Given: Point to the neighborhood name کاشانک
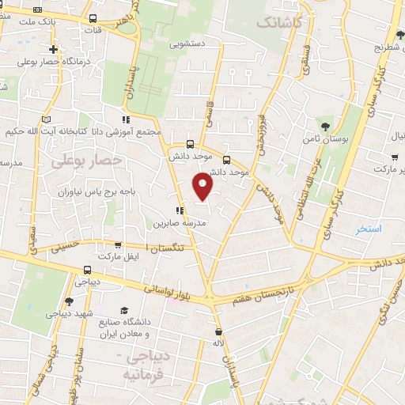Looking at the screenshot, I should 279,24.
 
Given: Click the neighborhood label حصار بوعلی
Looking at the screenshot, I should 87,161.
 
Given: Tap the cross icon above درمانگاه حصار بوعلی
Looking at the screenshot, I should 52,49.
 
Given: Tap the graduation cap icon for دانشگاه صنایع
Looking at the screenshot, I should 143,310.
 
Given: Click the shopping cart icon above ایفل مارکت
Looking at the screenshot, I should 117,245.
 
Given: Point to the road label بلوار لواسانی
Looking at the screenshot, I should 173,293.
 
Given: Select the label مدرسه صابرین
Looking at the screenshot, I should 180,224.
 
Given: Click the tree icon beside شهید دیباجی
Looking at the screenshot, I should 68,301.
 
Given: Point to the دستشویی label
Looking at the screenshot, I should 188,44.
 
